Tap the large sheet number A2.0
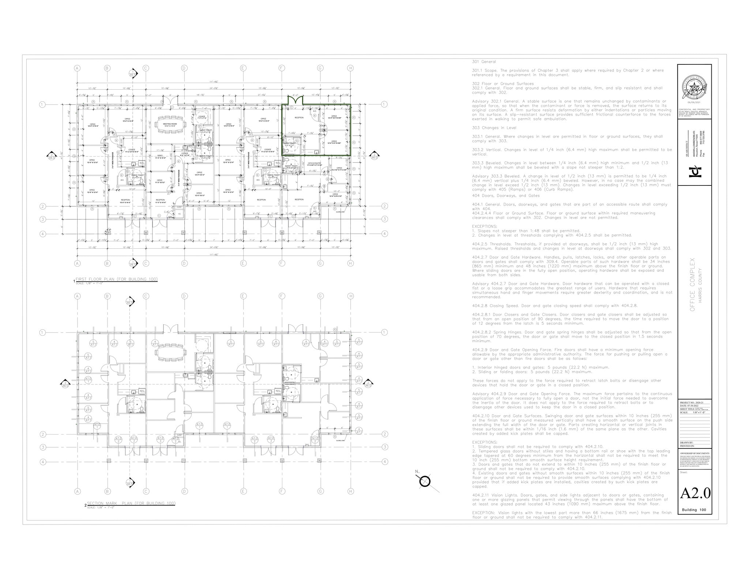[x=695, y=493]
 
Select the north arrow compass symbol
[x=425, y=481]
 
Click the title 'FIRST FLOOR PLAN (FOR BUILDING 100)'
[x=116, y=279]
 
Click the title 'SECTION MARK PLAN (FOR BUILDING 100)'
[x=131, y=503]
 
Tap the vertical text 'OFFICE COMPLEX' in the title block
[x=692, y=290]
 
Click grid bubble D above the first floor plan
[x=184, y=68]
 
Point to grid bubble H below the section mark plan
[x=350, y=491]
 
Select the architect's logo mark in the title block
[x=695, y=171]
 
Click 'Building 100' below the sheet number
[x=694, y=510]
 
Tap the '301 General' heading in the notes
[x=484, y=61]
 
